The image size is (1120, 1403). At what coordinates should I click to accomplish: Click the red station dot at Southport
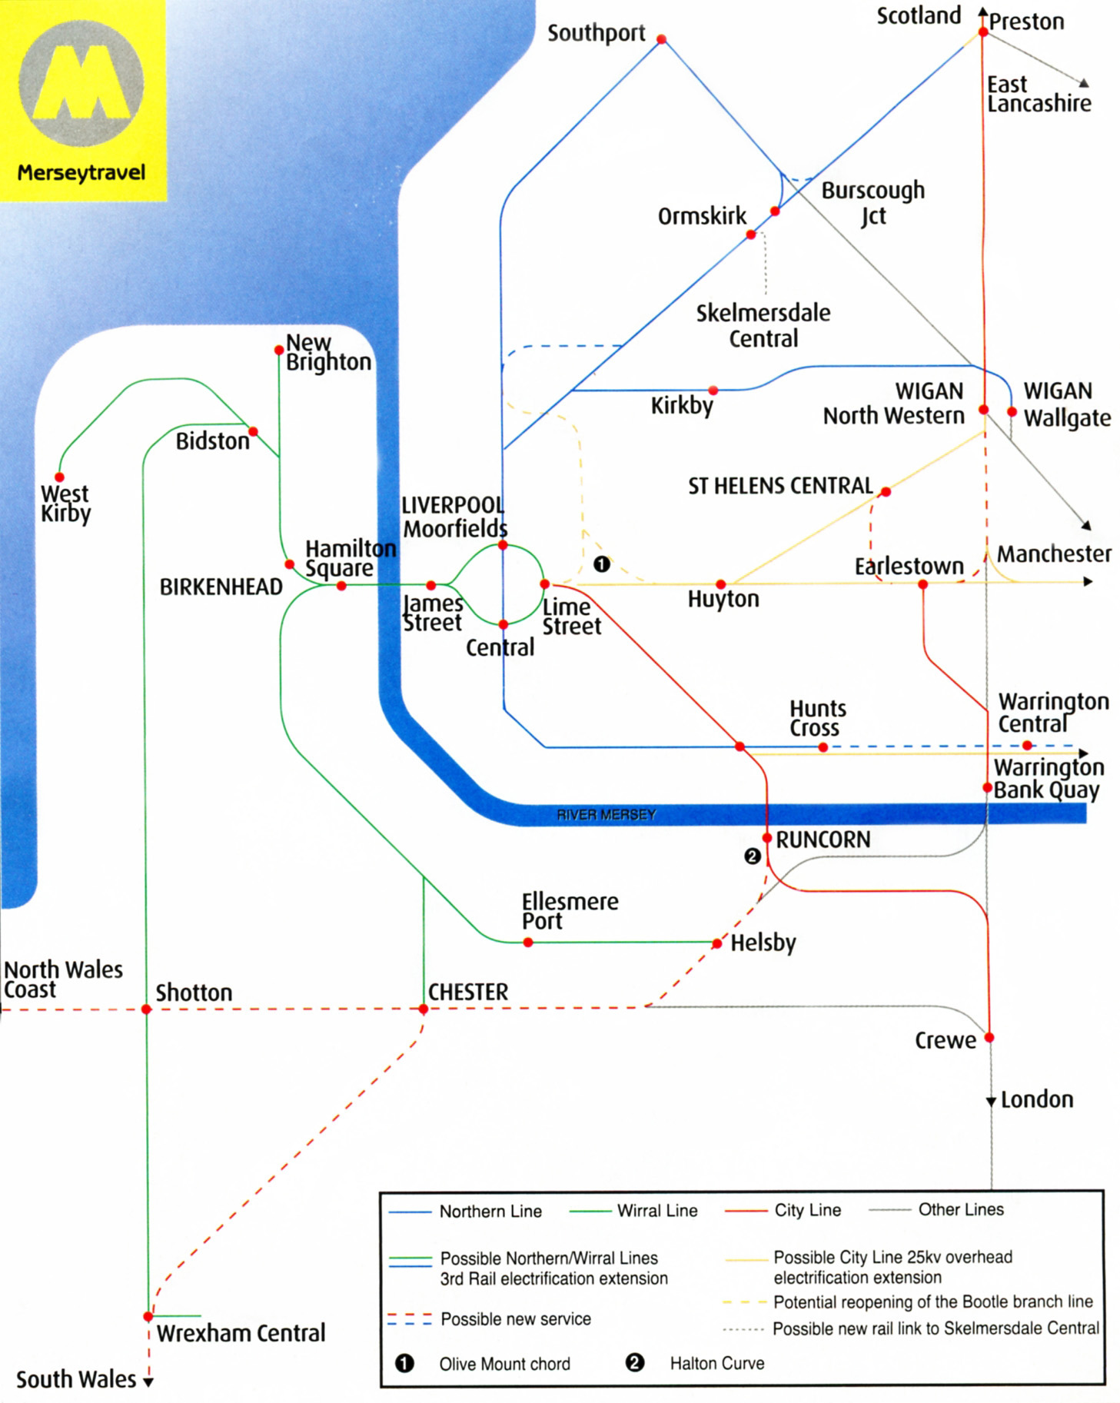click(x=661, y=38)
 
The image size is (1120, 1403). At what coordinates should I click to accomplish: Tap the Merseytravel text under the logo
click(x=81, y=172)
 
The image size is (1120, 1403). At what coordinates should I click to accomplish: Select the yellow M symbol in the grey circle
click(x=81, y=82)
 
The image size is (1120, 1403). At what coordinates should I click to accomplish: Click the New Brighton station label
click(x=327, y=352)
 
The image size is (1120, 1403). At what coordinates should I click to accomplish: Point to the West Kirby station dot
click(x=59, y=477)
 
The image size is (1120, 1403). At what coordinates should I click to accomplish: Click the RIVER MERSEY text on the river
click(x=606, y=814)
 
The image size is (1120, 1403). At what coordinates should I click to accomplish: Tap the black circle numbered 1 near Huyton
click(x=602, y=564)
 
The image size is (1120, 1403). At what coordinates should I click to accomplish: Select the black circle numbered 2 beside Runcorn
click(x=753, y=856)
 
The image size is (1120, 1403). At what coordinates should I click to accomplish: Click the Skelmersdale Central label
click(x=763, y=325)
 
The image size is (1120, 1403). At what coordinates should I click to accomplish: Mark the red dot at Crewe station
click(x=989, y=1037)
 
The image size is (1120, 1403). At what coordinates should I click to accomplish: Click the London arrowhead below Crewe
click(x=991, y=1102)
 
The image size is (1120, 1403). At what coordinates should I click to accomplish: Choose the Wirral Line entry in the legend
click(x=656, y=1211)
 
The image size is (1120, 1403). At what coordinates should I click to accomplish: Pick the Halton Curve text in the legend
click(x=716, y=1363)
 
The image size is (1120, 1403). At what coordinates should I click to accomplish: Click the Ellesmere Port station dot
click(x=528, y=943)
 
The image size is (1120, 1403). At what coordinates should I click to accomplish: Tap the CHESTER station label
click(x=467, y=992)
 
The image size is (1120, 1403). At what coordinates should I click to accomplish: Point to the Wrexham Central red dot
click(x=148, y=1317)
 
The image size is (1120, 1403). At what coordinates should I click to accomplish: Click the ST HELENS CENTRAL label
click(x=779, y=486)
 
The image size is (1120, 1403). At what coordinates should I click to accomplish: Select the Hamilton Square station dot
click(x=341, y=586)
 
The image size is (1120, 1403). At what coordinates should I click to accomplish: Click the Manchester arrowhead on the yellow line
click(x=1087, y=582)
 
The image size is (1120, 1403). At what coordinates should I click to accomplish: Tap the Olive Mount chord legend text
click(x=504, y=1364)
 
